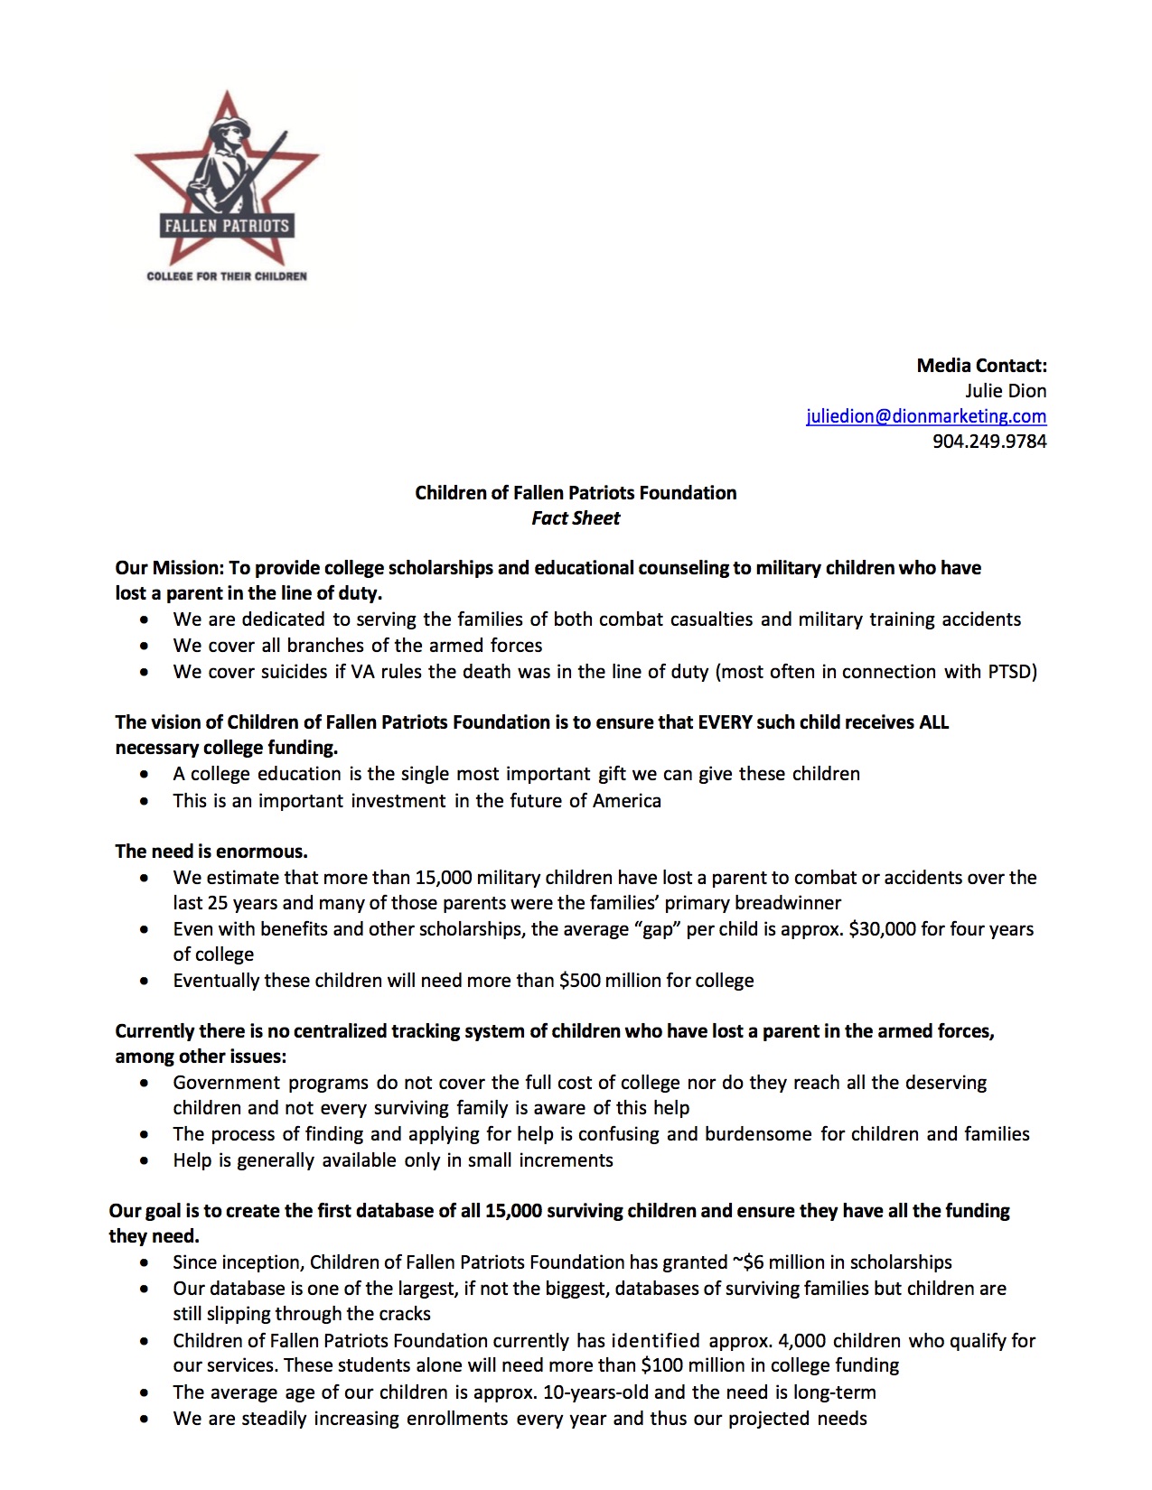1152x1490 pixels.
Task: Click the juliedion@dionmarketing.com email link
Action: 926,416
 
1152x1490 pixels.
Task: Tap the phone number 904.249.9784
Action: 989,442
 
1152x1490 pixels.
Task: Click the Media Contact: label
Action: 981,366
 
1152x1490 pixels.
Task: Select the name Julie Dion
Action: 1006,391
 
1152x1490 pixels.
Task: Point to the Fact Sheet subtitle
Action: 576,518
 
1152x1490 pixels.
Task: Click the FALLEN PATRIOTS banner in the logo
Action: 227,226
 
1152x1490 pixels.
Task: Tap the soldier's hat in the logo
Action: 229,126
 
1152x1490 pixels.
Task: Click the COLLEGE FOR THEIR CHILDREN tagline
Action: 227,276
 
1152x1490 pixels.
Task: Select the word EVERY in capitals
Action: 727,722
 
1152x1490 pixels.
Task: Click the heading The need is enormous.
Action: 211,852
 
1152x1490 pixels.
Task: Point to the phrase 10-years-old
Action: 596,1392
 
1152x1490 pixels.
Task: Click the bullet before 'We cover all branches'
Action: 145,647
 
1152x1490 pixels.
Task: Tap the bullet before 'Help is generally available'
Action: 145,1161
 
